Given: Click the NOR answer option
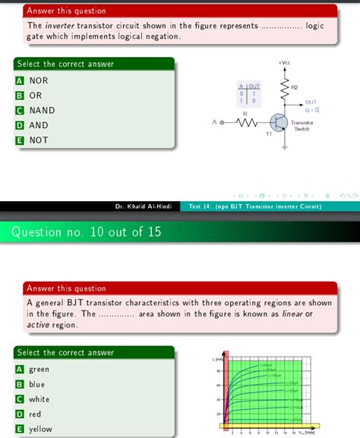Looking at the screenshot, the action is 38,80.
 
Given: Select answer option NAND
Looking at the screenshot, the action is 42,110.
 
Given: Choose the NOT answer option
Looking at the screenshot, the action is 38,140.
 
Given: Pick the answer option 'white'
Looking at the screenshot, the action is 39,399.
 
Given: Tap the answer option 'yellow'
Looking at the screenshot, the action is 40,428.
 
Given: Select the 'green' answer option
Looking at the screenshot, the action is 39,369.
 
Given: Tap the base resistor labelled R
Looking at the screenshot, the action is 245,121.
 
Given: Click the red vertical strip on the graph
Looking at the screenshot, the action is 226,391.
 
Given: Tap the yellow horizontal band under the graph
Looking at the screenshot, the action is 266,426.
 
